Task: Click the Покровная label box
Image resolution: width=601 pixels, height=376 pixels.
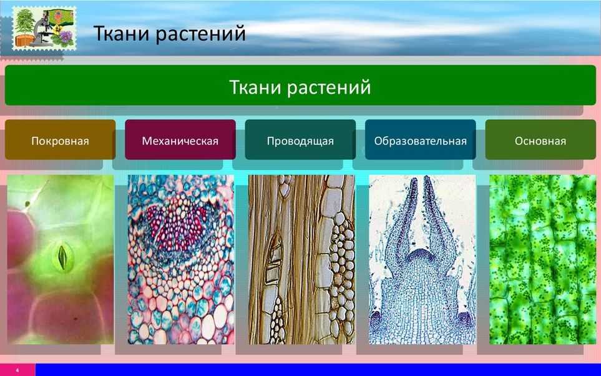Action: click(60, 140)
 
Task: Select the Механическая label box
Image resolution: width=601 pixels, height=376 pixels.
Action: click(180, 140)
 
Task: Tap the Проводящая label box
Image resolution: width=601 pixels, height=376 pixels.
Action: click(300, 140)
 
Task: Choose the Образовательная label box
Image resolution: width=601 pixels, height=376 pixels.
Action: click(421, 140)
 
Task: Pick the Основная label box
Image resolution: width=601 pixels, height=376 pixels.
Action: click(540, 140)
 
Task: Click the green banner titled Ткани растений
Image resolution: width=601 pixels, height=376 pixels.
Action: click(301, 85)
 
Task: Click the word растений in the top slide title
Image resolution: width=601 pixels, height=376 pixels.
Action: click(201, 34)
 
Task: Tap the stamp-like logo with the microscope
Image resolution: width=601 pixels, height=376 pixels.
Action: click(44, 28)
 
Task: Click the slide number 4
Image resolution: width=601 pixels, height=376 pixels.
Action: click(17, 370)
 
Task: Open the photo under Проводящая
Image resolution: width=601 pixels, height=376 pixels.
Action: click(301, 259)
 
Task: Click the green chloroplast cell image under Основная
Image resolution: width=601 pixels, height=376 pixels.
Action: click(543, 259)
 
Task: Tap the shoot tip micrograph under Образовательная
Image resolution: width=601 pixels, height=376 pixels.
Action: click(422, 259)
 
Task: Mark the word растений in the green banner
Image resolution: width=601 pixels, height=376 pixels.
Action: click(329, 87)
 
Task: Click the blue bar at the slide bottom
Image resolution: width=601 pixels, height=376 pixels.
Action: click(318, 370)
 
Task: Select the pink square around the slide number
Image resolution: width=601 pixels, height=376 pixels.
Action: click(17, 370)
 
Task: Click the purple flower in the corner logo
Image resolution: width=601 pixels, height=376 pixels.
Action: click(66, 37)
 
